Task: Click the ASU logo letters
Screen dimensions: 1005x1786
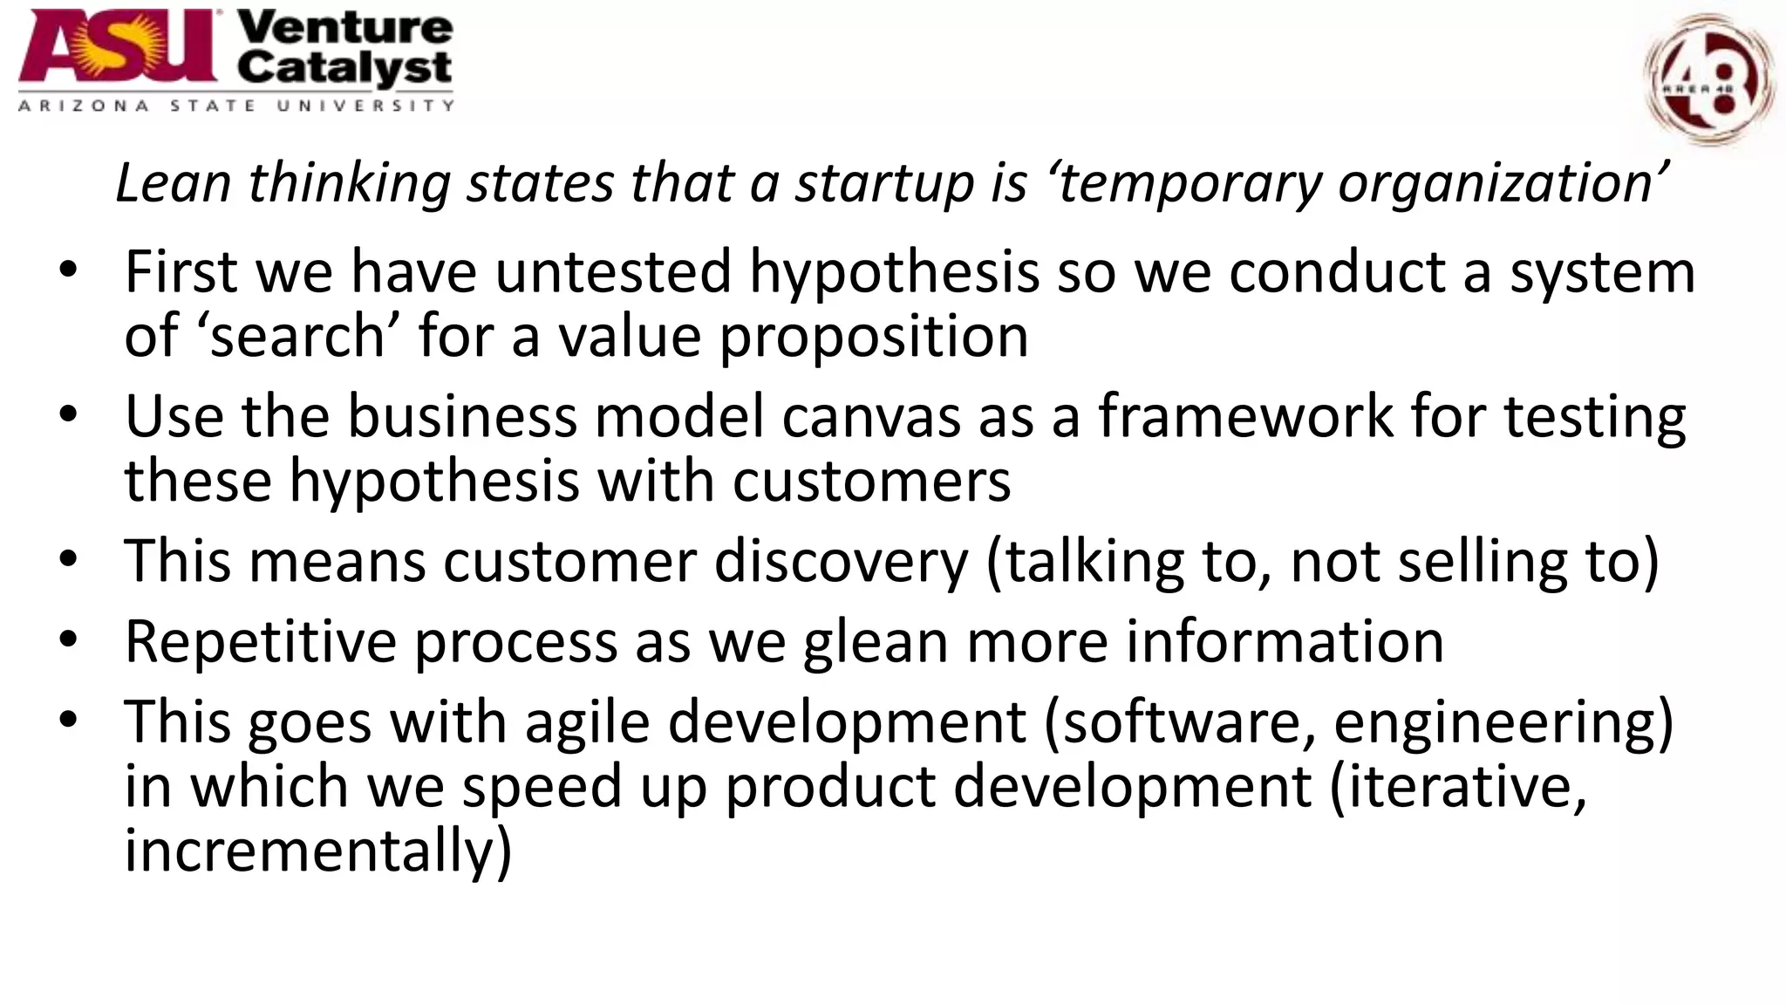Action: click(119, 48)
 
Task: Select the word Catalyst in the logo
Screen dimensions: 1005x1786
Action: click(345, 68)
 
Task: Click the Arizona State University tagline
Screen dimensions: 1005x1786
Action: click(235, 106)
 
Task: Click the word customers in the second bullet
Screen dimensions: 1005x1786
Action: click(871, 481)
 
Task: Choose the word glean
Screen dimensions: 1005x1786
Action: click(876, 642)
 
